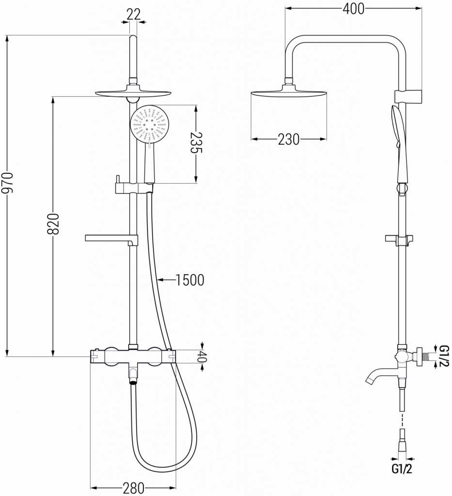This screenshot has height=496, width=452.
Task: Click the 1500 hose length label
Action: click(x=189, y=279)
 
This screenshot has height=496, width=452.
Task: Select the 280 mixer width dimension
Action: click(x=133, y=487)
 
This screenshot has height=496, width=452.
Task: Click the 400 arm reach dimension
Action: click(x=352, y=8)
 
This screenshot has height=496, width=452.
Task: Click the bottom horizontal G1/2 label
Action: click(x=402, y=469)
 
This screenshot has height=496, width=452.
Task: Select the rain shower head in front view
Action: click(x=134, y=93)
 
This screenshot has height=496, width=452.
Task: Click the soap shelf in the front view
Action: click(x=111, y=237)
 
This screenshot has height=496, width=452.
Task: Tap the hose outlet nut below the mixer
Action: click(x=133, y=382)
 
